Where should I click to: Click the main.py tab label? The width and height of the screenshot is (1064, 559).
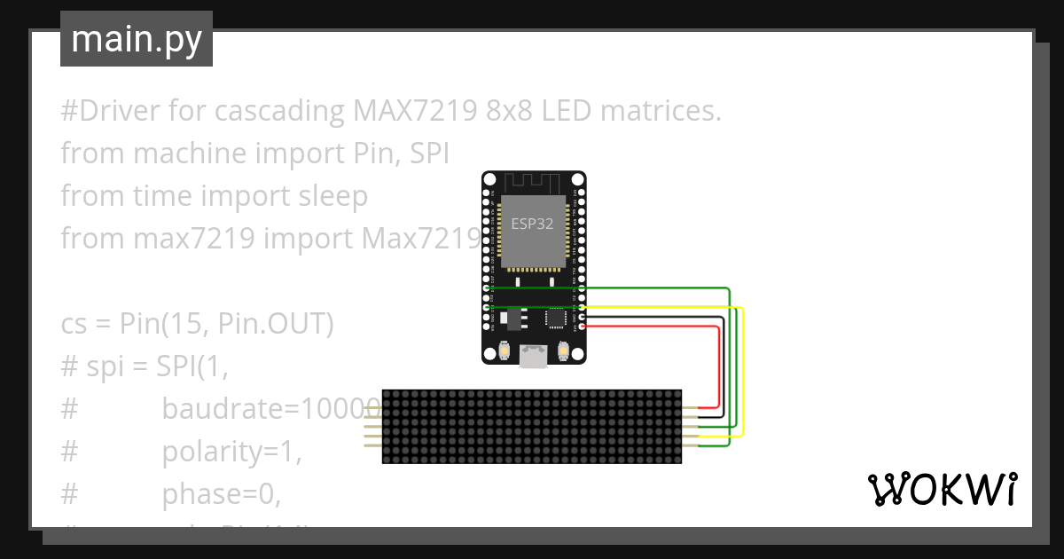pyautogui.click(x=137, y=39)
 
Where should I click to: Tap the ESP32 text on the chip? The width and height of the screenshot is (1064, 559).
pyautogui.click(x=532, y=224)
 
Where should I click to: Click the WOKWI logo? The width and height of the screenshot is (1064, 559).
pyautogui.click(x=942, y=489)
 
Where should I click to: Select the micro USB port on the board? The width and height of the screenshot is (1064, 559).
pyautogui.click(x=534, y=357)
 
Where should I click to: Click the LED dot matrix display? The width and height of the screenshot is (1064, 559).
pyautogui.click(x=532, y=426)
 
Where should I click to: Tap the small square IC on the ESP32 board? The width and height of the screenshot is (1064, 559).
pyautogui.click(x=557, y=317)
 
